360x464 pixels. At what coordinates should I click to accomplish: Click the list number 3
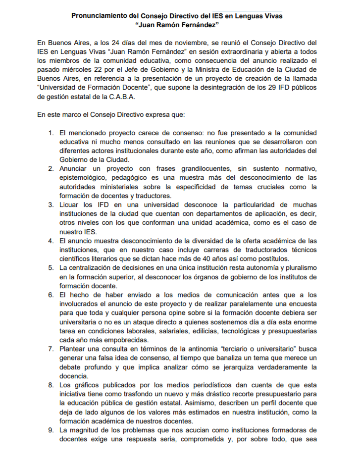tap(51, 204)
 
